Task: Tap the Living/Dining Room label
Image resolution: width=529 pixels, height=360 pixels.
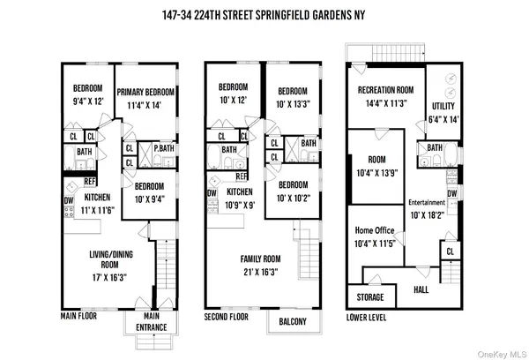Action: (104, 260)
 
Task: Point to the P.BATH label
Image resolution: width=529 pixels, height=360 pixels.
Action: (163, 148)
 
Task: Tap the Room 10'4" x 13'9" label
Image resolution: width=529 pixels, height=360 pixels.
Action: (375, 168)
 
